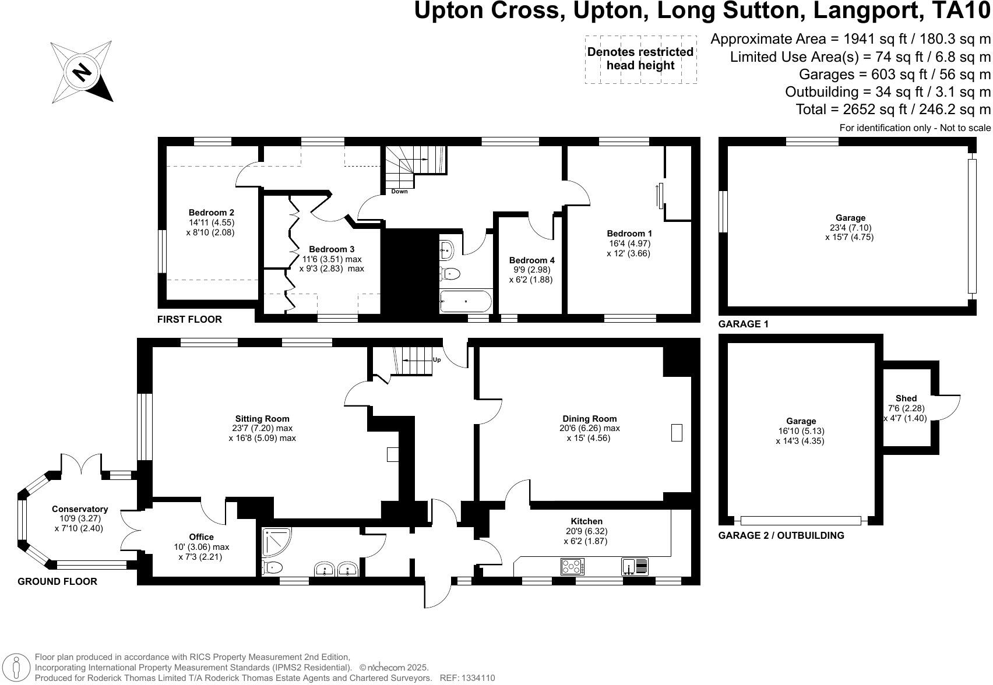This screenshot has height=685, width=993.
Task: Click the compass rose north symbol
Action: coord(82,72)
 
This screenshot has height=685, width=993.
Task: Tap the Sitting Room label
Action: coord(262,418)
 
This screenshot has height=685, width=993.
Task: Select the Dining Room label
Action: coord(589,418)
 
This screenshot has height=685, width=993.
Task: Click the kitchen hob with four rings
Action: coord(572,566)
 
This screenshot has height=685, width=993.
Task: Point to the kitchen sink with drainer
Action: coord(635,566)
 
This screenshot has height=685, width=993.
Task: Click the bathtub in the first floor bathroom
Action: coord(466,301)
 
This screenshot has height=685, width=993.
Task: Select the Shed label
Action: coord(906,398)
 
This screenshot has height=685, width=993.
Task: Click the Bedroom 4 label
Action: coord(531,260)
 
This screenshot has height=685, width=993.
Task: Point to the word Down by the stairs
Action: coord(399,191)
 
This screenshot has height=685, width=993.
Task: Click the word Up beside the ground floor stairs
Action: coord(436,359)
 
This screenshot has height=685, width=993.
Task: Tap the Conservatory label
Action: coord(80,509)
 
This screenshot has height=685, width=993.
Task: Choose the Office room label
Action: coord(201,536)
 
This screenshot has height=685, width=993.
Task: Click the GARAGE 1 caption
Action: coord(743,324)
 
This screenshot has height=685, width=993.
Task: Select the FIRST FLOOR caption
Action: coord(189,319)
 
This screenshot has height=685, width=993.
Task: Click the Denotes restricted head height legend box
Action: coord(640,59)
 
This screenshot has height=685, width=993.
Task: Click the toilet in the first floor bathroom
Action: coord(450,273)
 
